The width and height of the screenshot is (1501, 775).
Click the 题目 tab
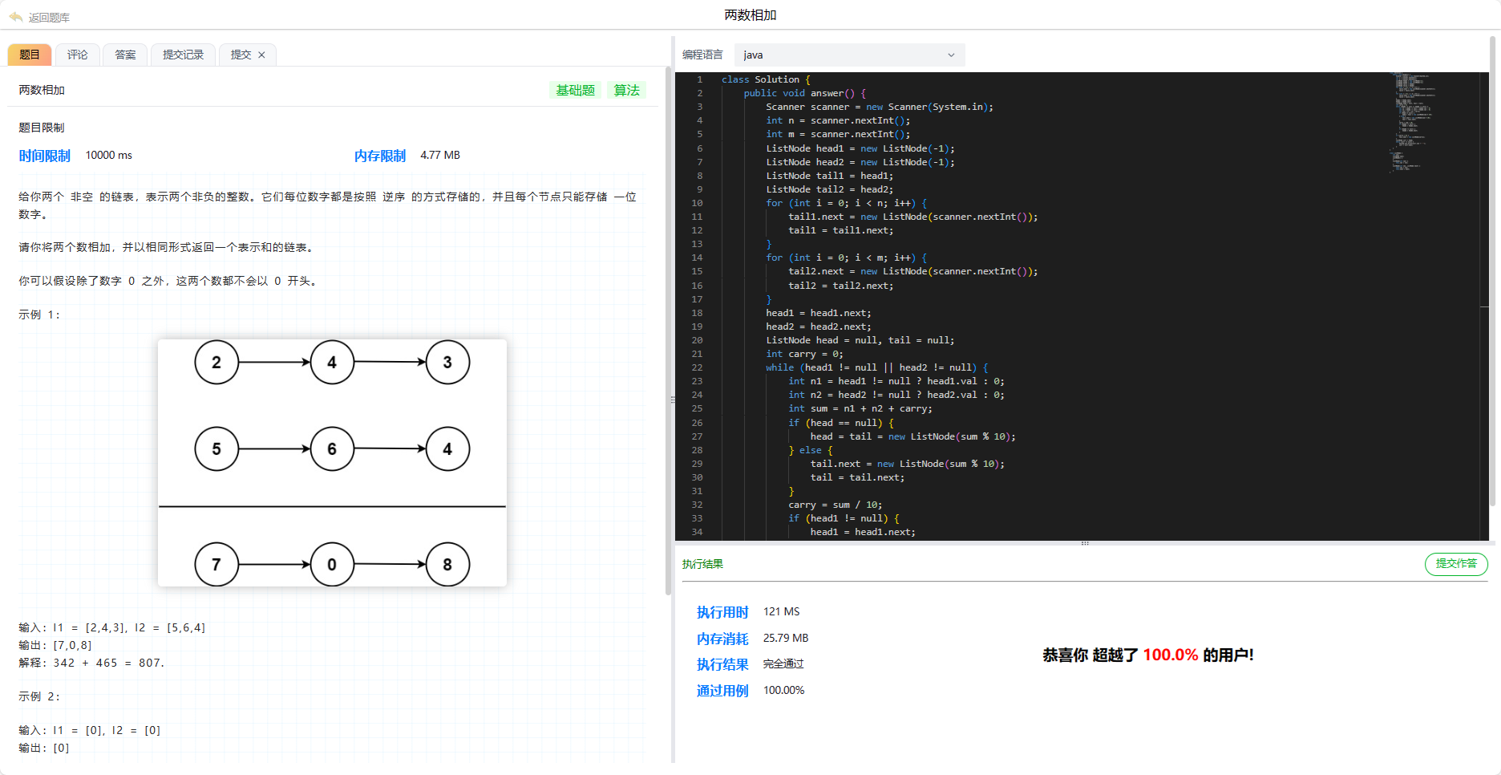[x=30, y=55]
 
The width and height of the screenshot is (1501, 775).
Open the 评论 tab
[x=78, y=55]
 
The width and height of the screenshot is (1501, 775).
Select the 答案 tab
[x=125, y=55]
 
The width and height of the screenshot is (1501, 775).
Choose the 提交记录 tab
[x=183, y=55]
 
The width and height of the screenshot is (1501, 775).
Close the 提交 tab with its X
[x=261, y=55]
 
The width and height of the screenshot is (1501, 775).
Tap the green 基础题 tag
[x=576, y=90]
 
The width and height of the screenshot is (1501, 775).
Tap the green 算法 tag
[x=626, y=90]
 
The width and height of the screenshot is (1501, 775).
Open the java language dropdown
[x=849, y=55]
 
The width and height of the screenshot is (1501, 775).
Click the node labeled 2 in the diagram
[x=216, y=363]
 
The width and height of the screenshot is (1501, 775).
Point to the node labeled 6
[x=332, y=449]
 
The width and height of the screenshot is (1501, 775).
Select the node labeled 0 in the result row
[x=332, y=565]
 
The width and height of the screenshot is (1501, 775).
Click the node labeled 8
[x=447, y=565]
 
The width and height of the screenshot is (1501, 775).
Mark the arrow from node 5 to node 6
[x=274, y=449]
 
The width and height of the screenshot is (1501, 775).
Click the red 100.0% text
[x=1171, y=655]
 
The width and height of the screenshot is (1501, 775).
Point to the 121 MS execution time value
[x=781, y=611]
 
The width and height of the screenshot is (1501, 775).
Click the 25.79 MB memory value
[x=786, y=638]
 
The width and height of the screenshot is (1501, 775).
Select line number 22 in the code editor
[x=697, y=367]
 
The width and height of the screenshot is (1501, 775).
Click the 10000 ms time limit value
[x=109, y=155]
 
